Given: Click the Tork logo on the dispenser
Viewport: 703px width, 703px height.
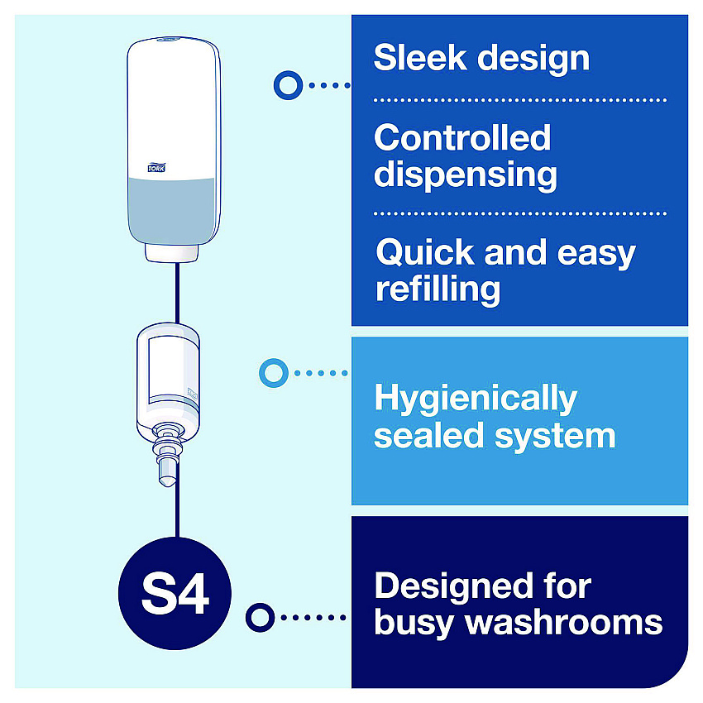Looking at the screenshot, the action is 156,167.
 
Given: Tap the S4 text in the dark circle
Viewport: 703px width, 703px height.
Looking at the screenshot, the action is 175,594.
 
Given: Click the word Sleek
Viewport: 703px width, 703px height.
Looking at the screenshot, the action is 420,57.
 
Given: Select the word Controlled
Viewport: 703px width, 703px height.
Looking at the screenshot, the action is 462,137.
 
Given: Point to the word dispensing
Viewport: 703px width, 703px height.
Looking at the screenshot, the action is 466,175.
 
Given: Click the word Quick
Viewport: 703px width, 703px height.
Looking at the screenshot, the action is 425,253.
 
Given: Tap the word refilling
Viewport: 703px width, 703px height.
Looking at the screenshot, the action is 438,289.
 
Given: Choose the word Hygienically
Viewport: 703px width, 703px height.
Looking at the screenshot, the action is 476,399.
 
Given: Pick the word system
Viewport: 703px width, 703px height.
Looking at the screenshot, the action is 555,438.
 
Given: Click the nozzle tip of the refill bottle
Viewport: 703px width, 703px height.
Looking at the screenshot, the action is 167,481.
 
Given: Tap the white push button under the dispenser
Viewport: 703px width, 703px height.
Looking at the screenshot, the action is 172,253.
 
